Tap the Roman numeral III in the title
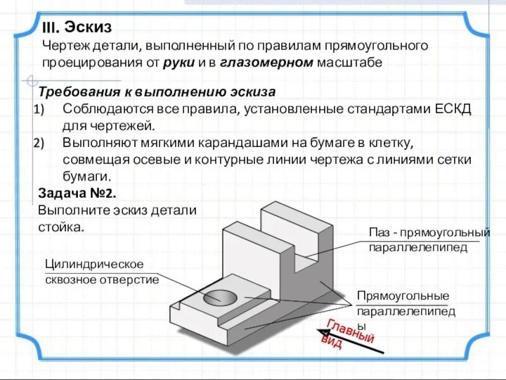click(x=51, y=28)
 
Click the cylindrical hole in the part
click(x=219, y=296)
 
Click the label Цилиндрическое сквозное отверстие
click(x=101, y=271)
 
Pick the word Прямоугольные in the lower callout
click(x=402, y=296)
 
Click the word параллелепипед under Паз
click(x=418, y=247)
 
